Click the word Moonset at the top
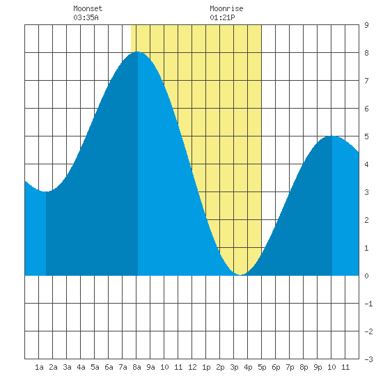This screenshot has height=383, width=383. point(88,8)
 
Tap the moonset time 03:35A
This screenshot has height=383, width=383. point(86,17)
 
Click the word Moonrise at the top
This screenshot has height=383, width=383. point(226,8)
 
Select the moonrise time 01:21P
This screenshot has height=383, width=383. point(222,17)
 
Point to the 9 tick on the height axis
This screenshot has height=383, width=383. point(366,25)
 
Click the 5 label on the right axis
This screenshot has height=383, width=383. point(366,136)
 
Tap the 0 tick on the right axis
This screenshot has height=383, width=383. point(366,276)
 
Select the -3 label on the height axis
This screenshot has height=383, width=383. point(368,359)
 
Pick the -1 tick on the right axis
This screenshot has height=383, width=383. point(368,304)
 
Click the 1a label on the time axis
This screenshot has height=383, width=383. point(39,367)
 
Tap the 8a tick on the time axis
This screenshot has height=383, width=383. point(136,367)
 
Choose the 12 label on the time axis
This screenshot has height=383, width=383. point(192,367)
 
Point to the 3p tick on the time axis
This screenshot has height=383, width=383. point(234,367)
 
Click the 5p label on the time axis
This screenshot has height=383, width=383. point(262,367)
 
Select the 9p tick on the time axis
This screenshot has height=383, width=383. point(318,367)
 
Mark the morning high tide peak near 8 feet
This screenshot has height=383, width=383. point(137,52)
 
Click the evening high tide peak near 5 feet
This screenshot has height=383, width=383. point(332,136)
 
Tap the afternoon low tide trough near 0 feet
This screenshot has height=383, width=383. point(241,274)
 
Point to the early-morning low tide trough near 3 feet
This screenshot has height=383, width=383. point(46,191)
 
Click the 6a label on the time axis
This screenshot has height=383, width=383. point(109,367)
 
